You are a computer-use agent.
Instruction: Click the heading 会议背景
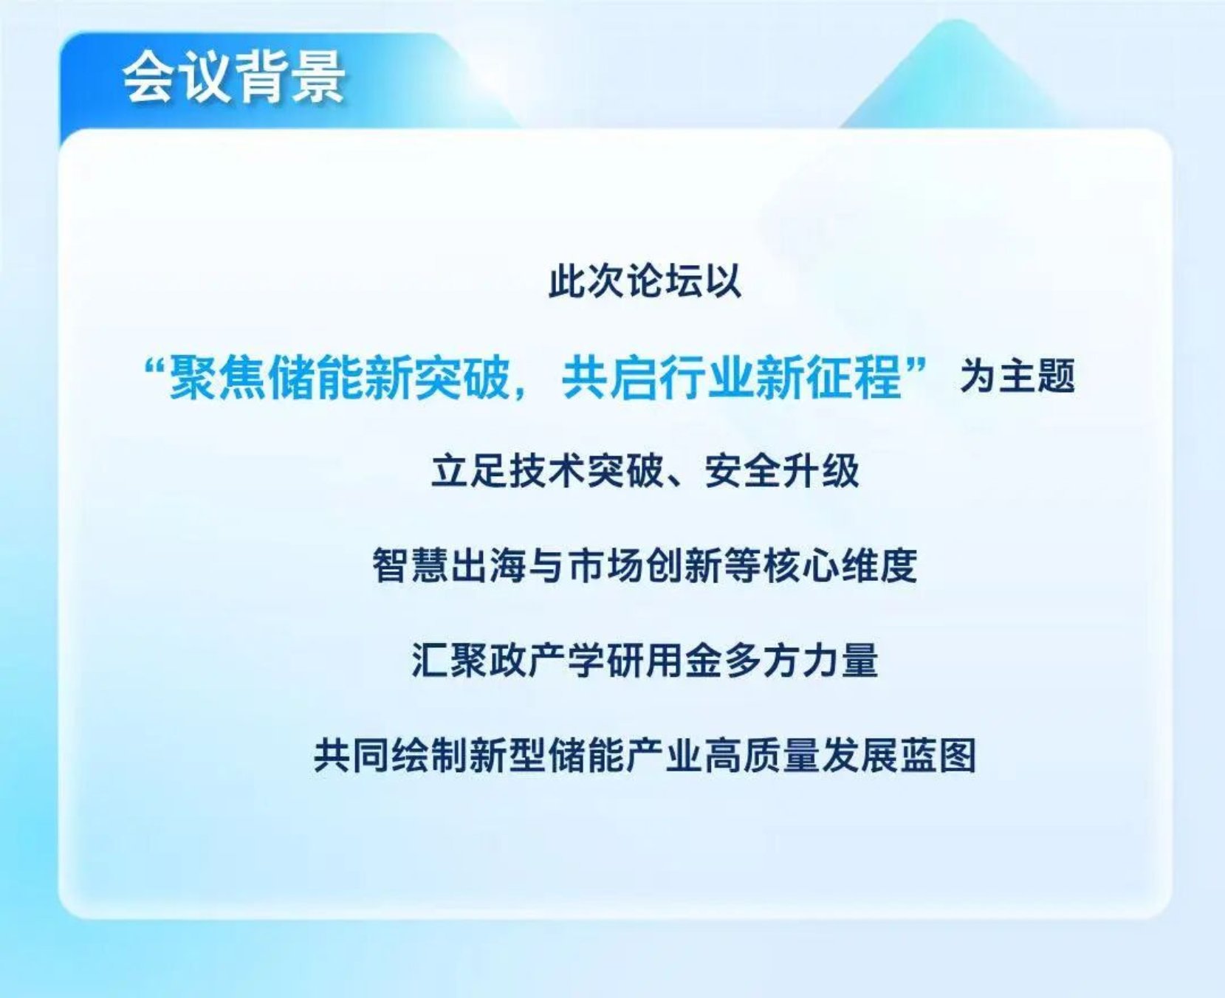(234, 77)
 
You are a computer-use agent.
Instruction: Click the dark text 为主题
(1018, 376)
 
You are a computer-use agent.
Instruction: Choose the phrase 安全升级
(783, 471)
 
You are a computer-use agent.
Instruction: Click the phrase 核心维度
(840, 566)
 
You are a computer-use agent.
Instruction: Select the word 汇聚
(450, 660)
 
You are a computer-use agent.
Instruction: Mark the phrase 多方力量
(801, 660)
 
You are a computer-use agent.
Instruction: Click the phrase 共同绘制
(391, 755)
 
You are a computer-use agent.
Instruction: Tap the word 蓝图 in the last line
(938, 755)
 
